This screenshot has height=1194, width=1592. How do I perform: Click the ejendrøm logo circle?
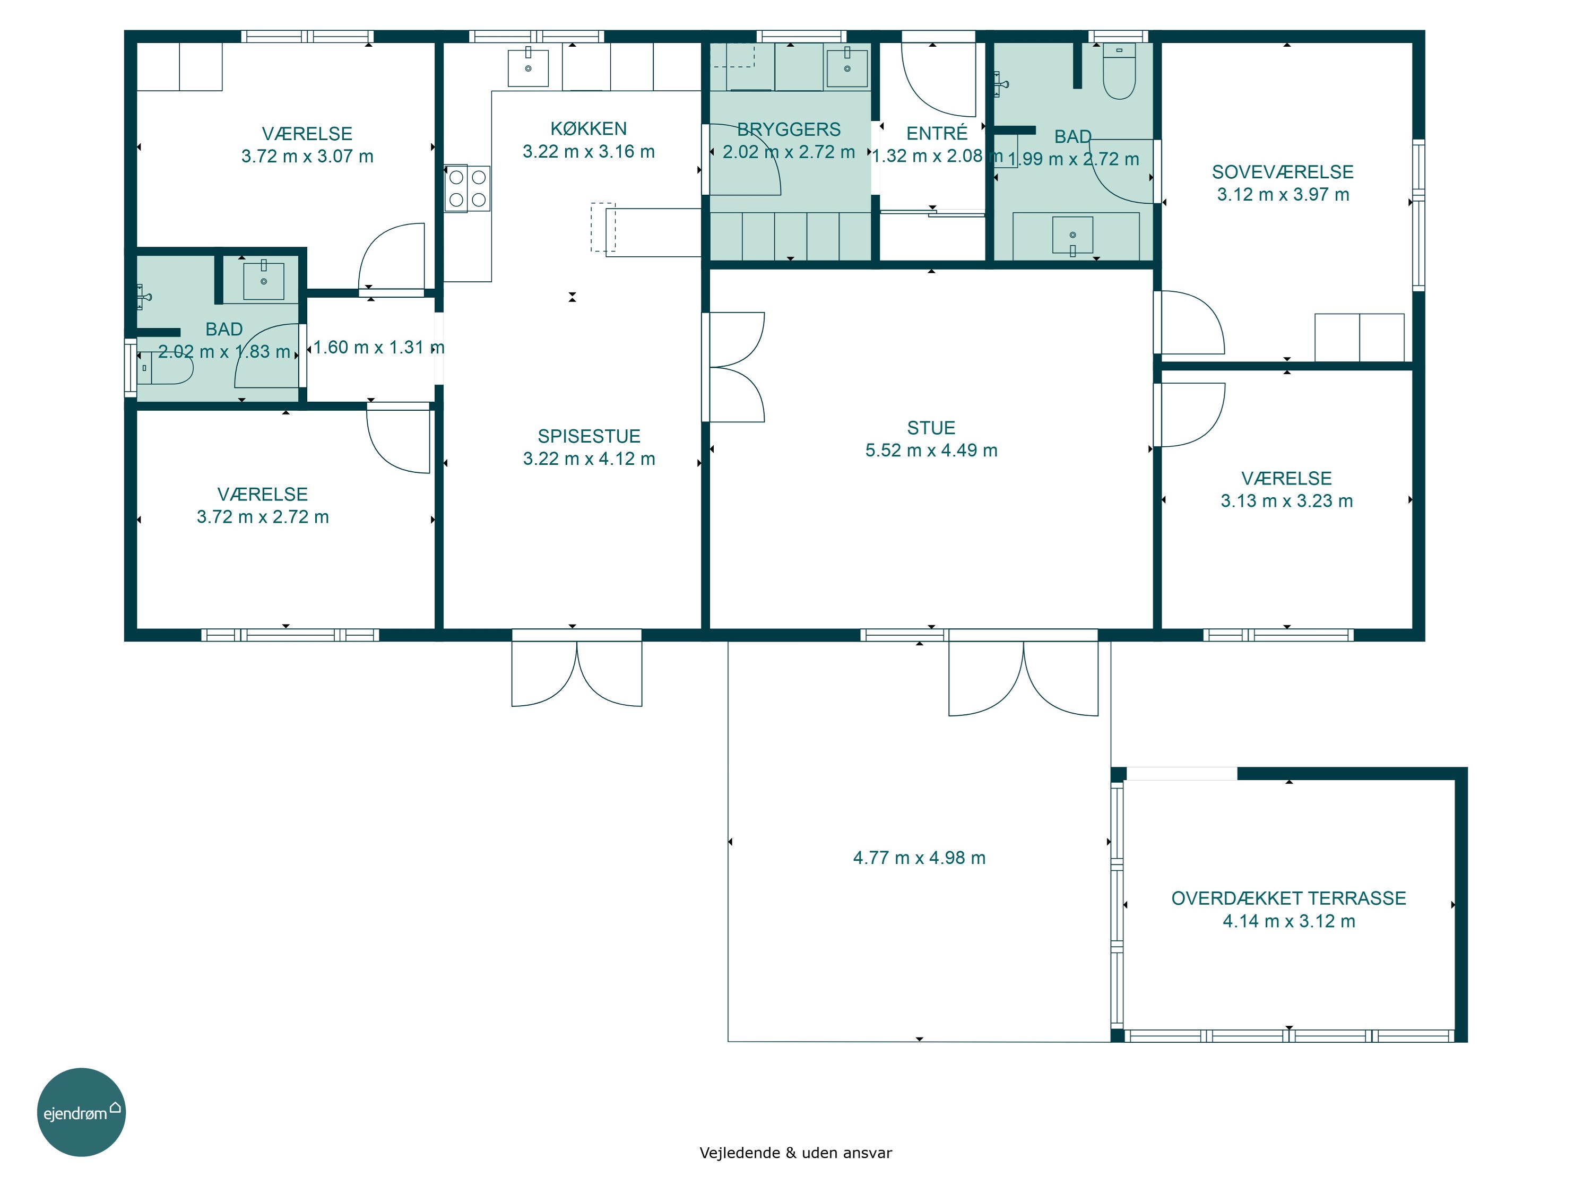coord(81,1112)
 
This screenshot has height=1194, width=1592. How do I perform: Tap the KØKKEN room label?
coord(588,129)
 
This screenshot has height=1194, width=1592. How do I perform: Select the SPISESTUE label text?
coord(589,436)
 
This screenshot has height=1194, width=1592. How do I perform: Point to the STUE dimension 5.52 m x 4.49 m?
coord(931,451)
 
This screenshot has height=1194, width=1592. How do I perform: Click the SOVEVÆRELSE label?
coord(1283,172)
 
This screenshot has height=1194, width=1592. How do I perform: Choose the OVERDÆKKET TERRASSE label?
coord(1288,898)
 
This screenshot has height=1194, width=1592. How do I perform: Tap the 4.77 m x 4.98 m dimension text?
coord(919,858)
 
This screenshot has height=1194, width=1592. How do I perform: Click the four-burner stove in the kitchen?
coord(467,188)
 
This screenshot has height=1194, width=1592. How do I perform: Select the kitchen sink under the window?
coord(528,67)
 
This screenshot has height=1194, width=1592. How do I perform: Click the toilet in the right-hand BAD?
coord(1119,71)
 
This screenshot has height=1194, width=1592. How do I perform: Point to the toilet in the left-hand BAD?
coord(166,368)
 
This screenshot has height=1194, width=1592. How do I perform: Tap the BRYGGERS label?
coord(789,129)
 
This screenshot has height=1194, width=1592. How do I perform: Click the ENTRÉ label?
coord(936,133)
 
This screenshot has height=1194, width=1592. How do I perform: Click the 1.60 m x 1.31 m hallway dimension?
coord(378,348)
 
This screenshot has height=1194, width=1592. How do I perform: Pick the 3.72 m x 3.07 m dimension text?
coord(307,156)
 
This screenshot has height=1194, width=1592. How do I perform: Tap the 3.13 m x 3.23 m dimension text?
coord(1286,501)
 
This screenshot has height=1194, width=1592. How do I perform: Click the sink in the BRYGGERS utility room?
coord(847,67)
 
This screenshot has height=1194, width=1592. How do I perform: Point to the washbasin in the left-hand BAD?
coord(263,281)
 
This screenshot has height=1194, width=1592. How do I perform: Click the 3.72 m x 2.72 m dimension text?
coord(263,517)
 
